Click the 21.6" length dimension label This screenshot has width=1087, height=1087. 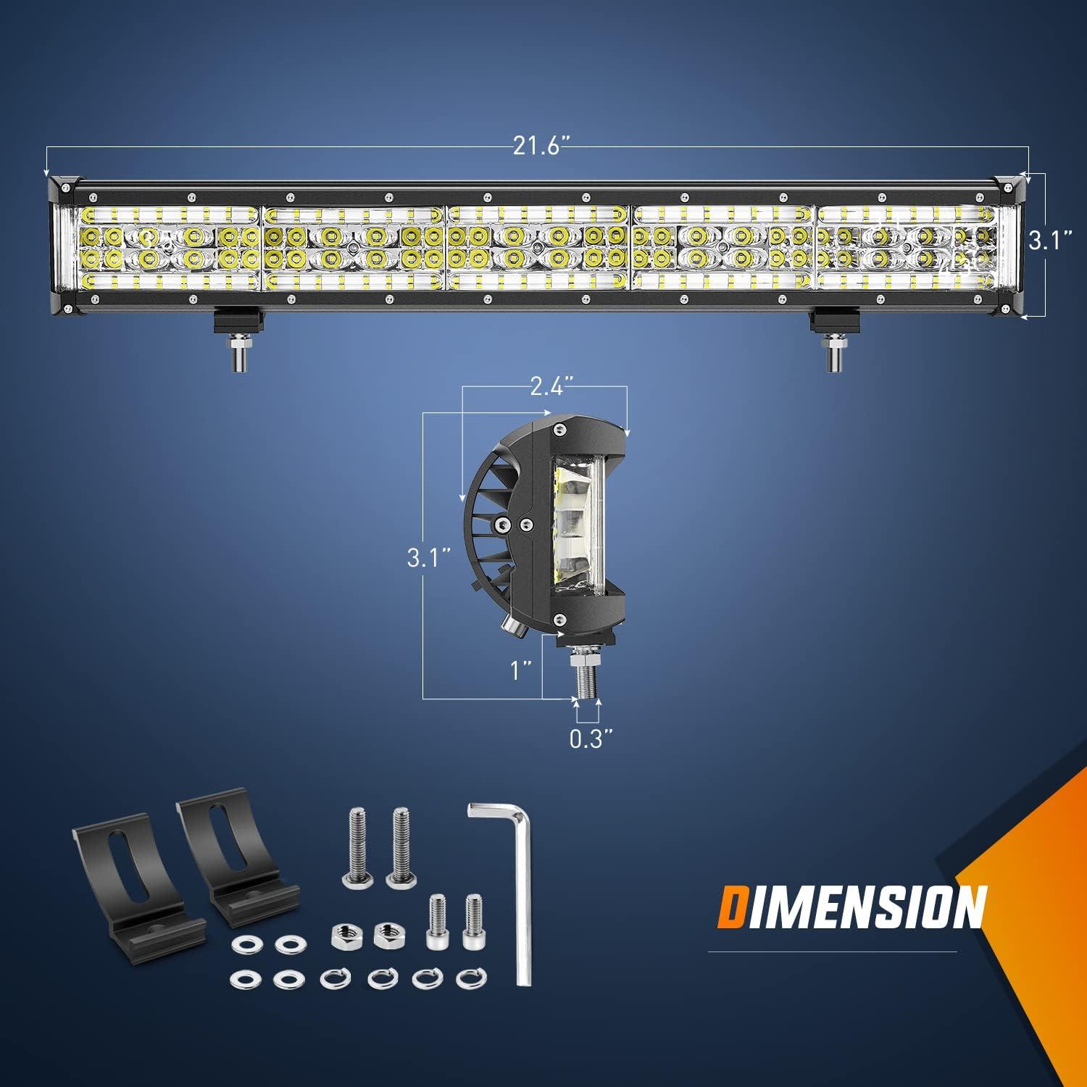[538, 147]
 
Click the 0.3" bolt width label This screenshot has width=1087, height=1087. [586, 741]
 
